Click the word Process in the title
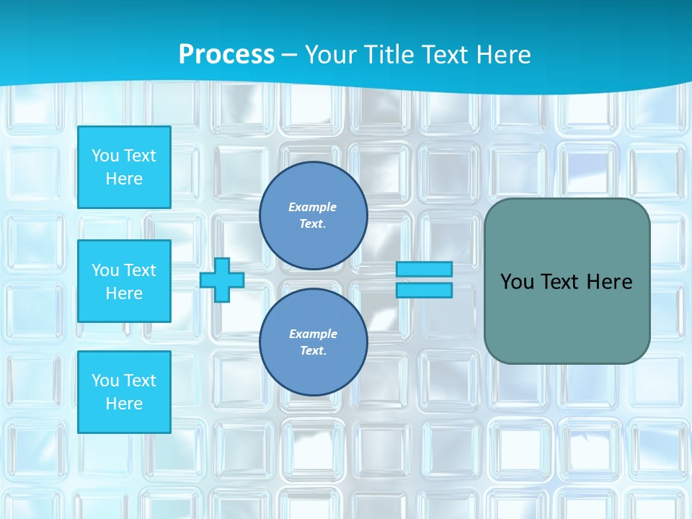226,54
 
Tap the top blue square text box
124,167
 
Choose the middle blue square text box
124,281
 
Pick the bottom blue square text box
124,392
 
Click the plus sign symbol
221,280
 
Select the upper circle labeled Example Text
314,215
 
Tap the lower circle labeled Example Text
314,342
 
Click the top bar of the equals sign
424,270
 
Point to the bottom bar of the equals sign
424,290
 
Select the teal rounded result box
567,317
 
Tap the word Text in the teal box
559,282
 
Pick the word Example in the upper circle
313,207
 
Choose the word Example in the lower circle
313,334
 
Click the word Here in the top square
124,179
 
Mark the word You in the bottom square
105,381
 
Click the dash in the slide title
290,55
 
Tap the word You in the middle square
105,270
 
